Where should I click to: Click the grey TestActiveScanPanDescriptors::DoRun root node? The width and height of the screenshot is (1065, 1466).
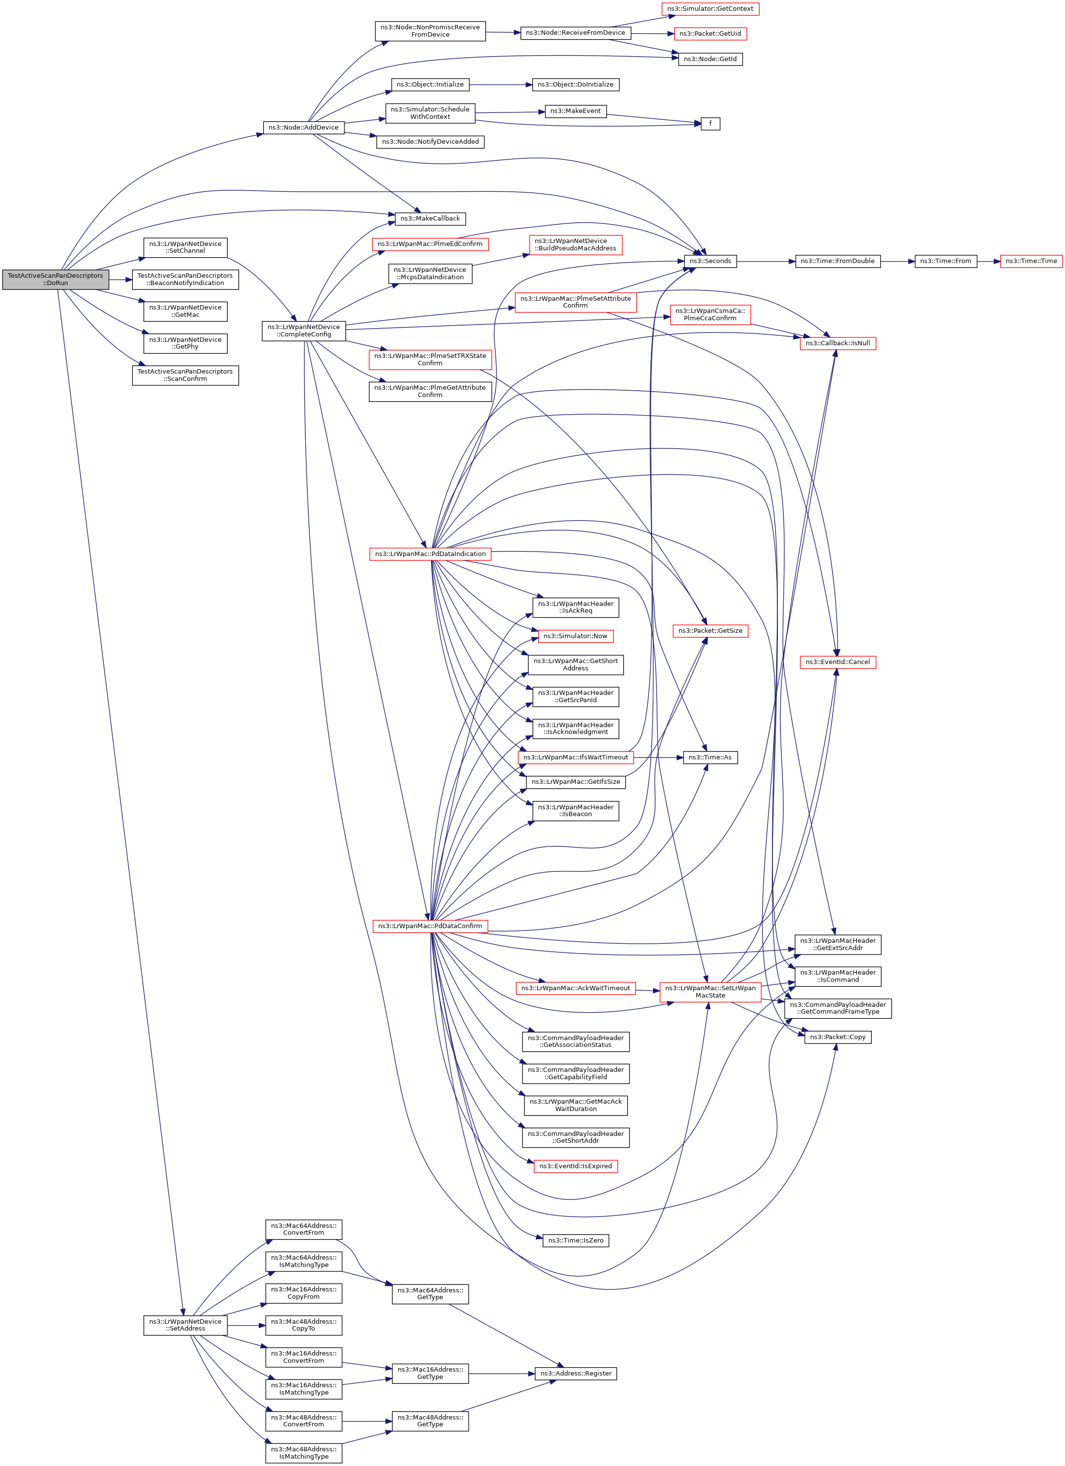click(x=56, y=279)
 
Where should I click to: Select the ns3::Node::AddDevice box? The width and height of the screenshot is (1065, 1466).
click(x=303, y=127)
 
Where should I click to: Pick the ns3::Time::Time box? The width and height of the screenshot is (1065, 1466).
click(x=1031, y=261)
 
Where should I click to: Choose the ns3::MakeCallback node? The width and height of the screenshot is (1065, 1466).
click(x=430, y=219)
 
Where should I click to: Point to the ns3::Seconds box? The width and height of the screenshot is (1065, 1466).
click(x=710, y=261)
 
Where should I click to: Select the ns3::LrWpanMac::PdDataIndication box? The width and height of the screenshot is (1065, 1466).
click(x=430, y=554)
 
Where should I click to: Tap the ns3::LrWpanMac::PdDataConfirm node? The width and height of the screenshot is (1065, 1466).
click(x=430, y=926)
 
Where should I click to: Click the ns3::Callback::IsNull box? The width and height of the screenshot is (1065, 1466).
click(x=838, y=343)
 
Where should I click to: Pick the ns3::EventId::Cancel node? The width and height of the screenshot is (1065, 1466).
click(x=838, y=662)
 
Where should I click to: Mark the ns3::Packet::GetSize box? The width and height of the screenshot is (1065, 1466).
click(x=710, y=630)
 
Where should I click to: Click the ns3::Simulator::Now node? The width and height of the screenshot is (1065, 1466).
click(x=575, y=636)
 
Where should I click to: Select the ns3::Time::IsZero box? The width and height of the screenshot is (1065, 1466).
click(x=575, y=1241)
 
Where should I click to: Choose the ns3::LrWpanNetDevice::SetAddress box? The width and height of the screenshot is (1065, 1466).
click(x=185, y=1325)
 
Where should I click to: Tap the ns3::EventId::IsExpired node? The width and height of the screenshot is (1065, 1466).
click(x=575, y=1166)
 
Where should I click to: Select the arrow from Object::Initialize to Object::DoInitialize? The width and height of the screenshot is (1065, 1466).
click(x=501, y=85)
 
